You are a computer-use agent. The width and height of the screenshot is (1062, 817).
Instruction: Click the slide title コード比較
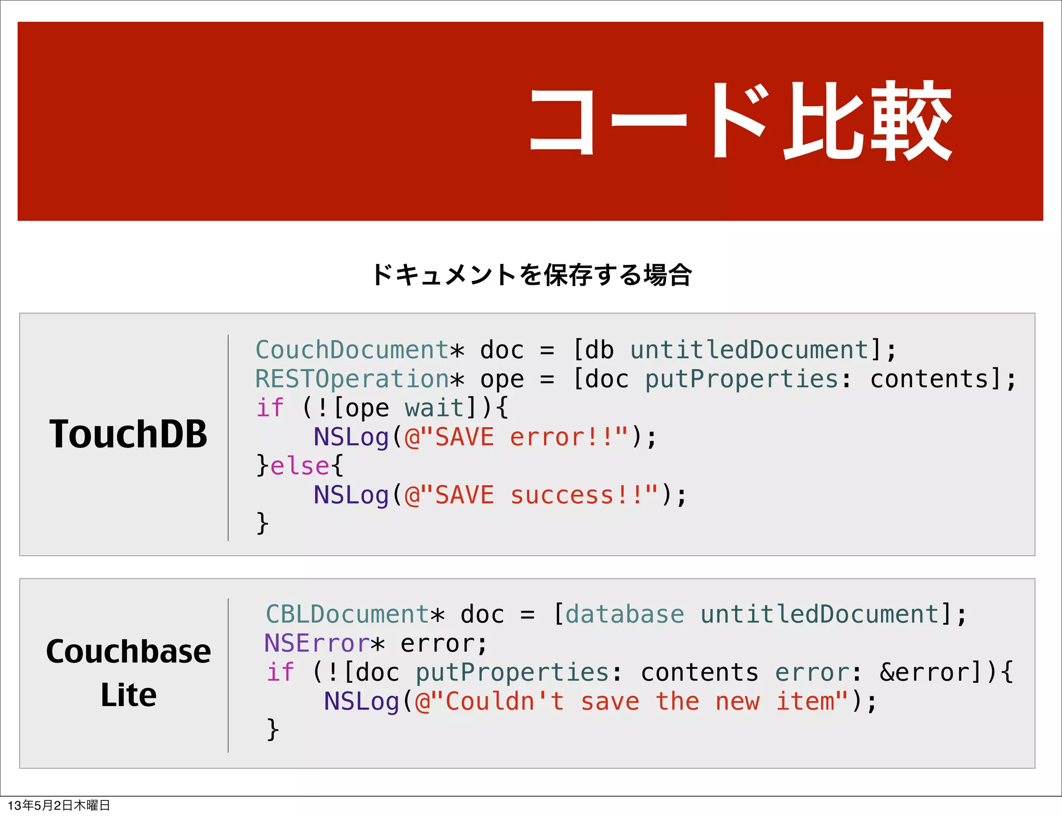740,121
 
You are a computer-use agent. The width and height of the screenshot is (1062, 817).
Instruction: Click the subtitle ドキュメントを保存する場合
532,275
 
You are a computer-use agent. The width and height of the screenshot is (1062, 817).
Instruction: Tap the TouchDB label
128,434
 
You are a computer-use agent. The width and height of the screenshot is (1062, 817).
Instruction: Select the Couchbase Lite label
128,672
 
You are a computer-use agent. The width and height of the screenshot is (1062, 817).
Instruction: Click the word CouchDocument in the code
352,350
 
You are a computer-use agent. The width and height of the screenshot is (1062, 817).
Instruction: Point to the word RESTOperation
352,379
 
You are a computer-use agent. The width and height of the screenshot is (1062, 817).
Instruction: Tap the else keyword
300,466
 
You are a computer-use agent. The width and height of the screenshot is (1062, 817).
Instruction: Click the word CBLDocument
347,614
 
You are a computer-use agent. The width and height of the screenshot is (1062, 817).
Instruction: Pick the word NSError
316,643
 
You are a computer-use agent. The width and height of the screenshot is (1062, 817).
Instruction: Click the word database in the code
624,614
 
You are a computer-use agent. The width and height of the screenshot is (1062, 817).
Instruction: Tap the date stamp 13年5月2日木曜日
59,805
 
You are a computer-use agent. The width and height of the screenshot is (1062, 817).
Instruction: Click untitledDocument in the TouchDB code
749,350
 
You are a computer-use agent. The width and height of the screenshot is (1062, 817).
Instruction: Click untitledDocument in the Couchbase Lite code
819,614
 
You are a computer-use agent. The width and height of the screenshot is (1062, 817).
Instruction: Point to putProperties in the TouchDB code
742,379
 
